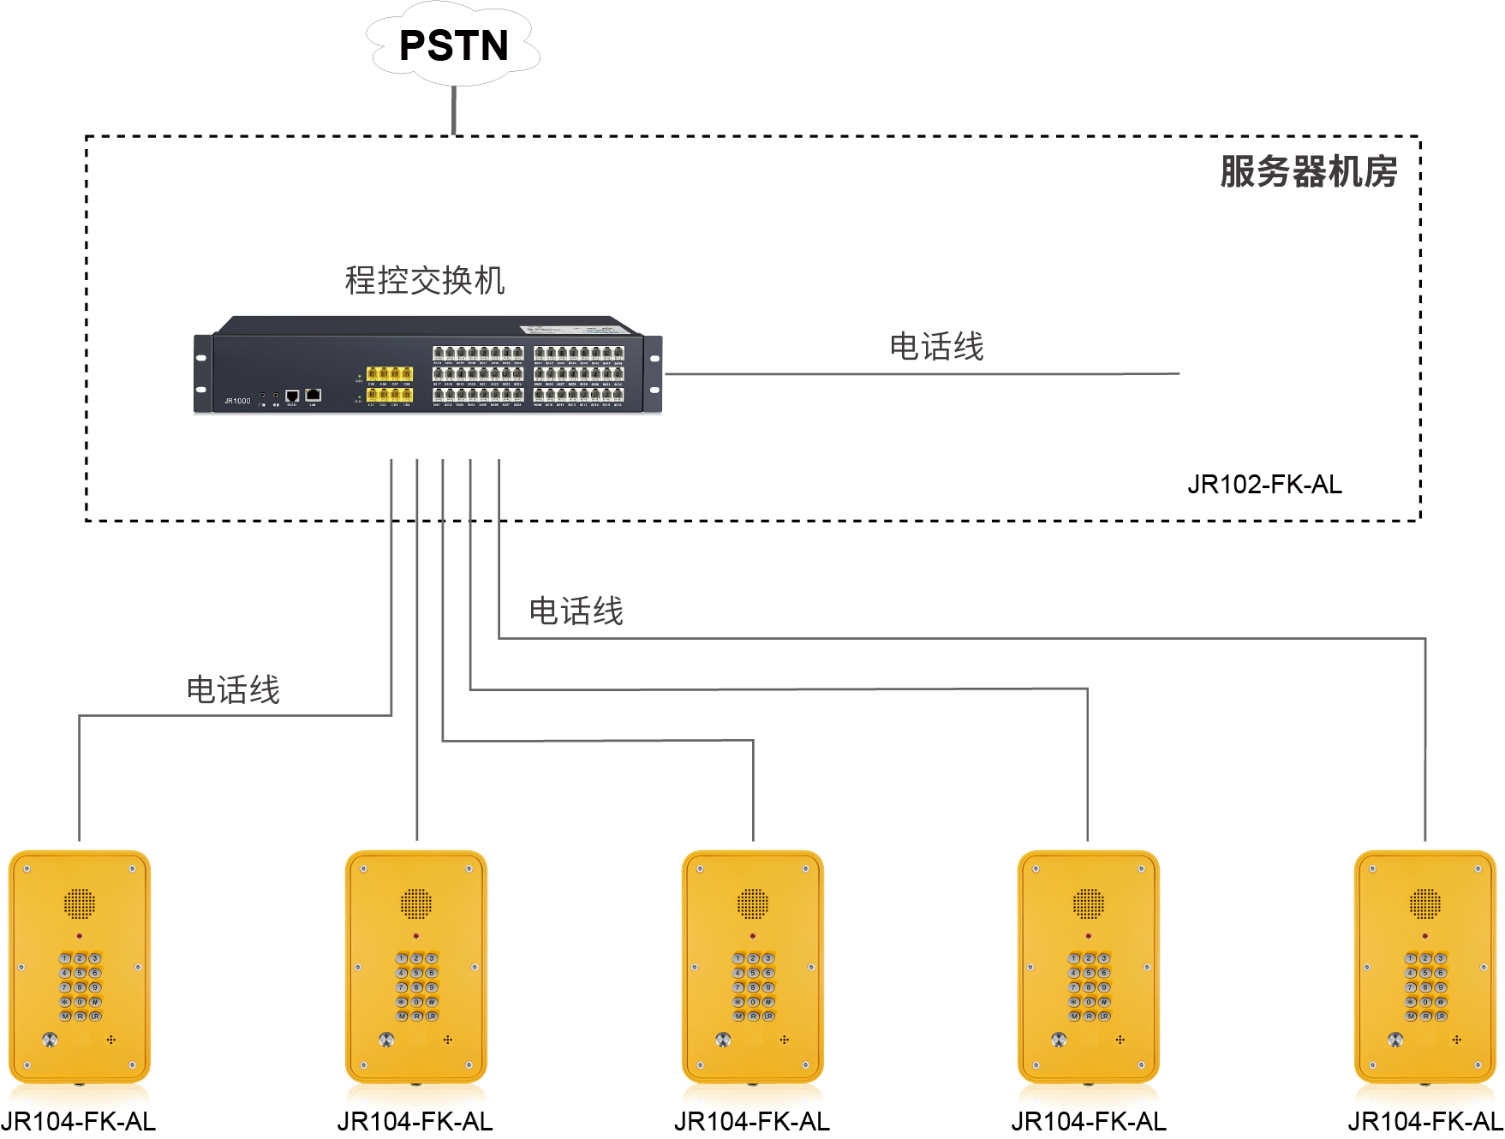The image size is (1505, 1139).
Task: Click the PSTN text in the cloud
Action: click(x=453, y=46)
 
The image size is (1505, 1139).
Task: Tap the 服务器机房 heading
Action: click(x=1308, y=171)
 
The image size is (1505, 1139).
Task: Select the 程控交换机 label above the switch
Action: click(x=425, y=280)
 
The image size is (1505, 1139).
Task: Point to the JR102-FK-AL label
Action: click(x=1264, y=485)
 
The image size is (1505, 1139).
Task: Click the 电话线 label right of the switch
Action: click(x=937, y=347)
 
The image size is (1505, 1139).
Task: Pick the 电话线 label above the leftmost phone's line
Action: click(x=233, y=689)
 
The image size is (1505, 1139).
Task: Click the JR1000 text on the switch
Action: click(x=237, y=401)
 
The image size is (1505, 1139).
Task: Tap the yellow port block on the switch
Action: click(x=390, y=384)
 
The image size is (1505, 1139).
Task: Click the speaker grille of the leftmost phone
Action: click(x=79, y=903)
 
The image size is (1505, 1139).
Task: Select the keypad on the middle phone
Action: click(x=753, y=987)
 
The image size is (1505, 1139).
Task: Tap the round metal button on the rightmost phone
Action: click(x=1395, y=1040)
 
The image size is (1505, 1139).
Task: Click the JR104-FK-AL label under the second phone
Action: click(x=415, y=1122)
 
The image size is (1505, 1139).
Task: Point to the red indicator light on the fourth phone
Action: click(x=1089, y=936)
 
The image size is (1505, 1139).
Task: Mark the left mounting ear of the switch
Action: click(x=203, y=373)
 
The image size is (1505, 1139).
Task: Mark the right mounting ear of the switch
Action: click(x=654, y=373)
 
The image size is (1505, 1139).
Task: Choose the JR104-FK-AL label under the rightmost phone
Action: click(x=1425, y=1122)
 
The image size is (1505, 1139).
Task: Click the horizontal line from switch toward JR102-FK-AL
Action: click(x=922, y=374)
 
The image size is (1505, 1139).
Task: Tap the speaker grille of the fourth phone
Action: click(x=1089, y=903)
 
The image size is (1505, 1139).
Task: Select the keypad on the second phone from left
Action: click(x=416, y=987)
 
